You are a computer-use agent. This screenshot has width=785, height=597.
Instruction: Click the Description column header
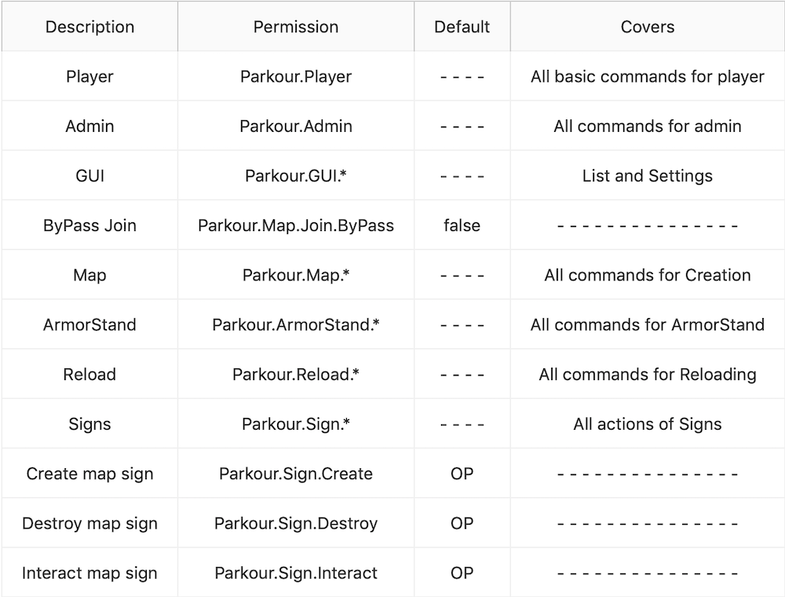[x=89, y=27]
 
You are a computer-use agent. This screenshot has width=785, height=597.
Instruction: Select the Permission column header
[x=296, y=27]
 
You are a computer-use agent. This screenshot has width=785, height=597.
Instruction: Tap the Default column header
[x=462, y=27]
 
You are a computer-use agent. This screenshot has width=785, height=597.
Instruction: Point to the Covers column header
[x=648, y=27]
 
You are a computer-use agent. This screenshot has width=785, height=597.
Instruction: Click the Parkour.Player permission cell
[x=296, y=77]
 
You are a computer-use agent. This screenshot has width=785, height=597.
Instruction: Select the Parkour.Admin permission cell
[x=296, y=126]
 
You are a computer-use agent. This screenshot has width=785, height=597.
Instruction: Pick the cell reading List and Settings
[x=648, y=176]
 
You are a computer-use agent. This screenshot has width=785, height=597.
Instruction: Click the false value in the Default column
[x=462, y=225]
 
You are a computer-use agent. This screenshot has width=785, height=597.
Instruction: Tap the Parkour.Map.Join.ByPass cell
[x=296, y=225]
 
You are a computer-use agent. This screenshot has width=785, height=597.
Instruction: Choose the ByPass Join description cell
[x=89, y=225]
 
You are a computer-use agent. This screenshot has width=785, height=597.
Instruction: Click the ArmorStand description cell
[x=89, y=324]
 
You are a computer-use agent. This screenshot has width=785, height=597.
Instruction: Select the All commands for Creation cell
[x=648, y=275]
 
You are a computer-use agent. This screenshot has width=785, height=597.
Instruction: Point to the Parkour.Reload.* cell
[x=296, y=374]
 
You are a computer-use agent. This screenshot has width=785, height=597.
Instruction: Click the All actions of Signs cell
[x=648, y=424]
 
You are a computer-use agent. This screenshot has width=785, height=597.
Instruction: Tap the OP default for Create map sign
[x=462, y=474]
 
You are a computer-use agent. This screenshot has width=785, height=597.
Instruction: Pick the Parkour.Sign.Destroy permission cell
[x=296, y=523]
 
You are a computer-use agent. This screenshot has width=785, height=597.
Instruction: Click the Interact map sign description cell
[x=89, y=573]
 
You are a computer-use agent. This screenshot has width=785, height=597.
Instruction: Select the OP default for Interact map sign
[x=462, y=573]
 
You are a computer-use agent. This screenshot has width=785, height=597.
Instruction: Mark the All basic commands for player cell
[x=648, y=77]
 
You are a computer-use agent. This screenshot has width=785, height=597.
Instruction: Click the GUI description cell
[x=89, y=176]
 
